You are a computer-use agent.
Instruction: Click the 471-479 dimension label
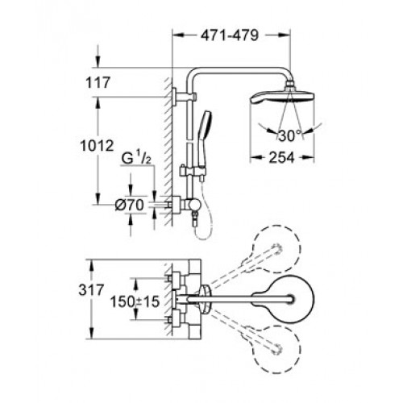tap(230, 35)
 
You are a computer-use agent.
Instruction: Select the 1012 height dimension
tap(98, 146)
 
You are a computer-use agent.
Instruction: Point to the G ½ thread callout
tap(136, 159)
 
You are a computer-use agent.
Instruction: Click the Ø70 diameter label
tap(129, 206)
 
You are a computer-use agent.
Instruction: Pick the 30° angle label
tap(286, 135)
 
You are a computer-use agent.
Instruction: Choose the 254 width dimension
tap(282, 157)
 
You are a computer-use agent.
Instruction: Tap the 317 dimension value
tap(91, 290)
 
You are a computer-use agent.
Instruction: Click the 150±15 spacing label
tap(135, 301)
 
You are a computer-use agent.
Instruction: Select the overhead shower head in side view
tap(282, 98)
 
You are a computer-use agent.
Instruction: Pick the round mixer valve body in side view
tap(193, 206)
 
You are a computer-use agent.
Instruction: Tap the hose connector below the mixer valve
tap(195, 218)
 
